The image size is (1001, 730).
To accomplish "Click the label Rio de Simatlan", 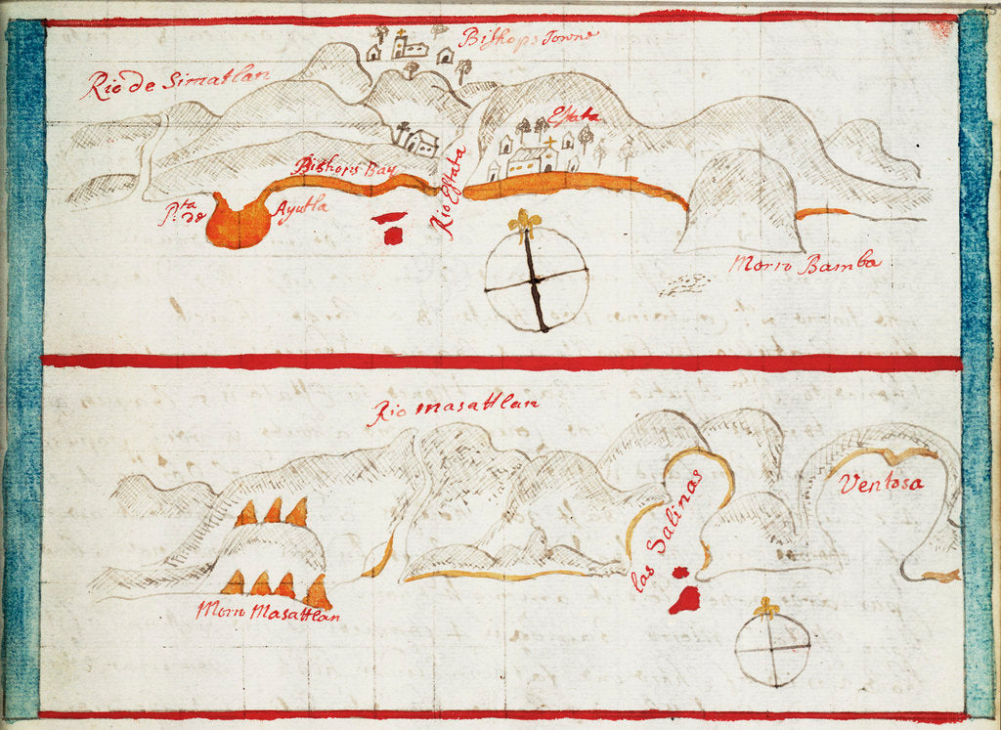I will click(x=176, y=82).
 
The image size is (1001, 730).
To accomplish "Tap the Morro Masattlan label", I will click(x=267, y=613).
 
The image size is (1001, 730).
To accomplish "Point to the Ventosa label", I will click(x=880, y=484).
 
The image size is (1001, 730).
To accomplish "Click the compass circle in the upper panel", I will click(x=537, y=279).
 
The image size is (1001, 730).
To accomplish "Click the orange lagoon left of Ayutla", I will click(x=238, y=224).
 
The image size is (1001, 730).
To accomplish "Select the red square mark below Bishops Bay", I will click(x=393, y=236).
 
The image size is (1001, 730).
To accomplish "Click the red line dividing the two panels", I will click(x=500, y=362).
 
